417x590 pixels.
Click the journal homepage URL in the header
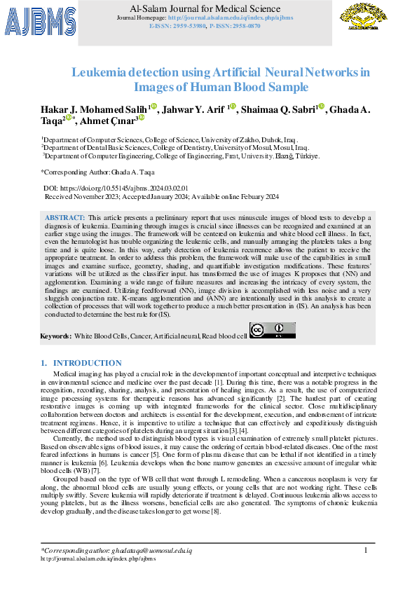pyautogui.click(x=231, y=17)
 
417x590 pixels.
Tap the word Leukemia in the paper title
pyautogui.click(x=99, y=71)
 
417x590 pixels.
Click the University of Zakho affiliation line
pyautogui.click(x=170, y=140)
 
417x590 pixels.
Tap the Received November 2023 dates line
pyautogui.click(x=161, y=197)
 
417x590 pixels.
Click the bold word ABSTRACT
pyautogui.click(x=66, y=219)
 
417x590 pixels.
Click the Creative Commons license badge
pyautogui.click(x=272, y=330)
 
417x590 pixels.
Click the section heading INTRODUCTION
pyautogui.click(x=87, y=363)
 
